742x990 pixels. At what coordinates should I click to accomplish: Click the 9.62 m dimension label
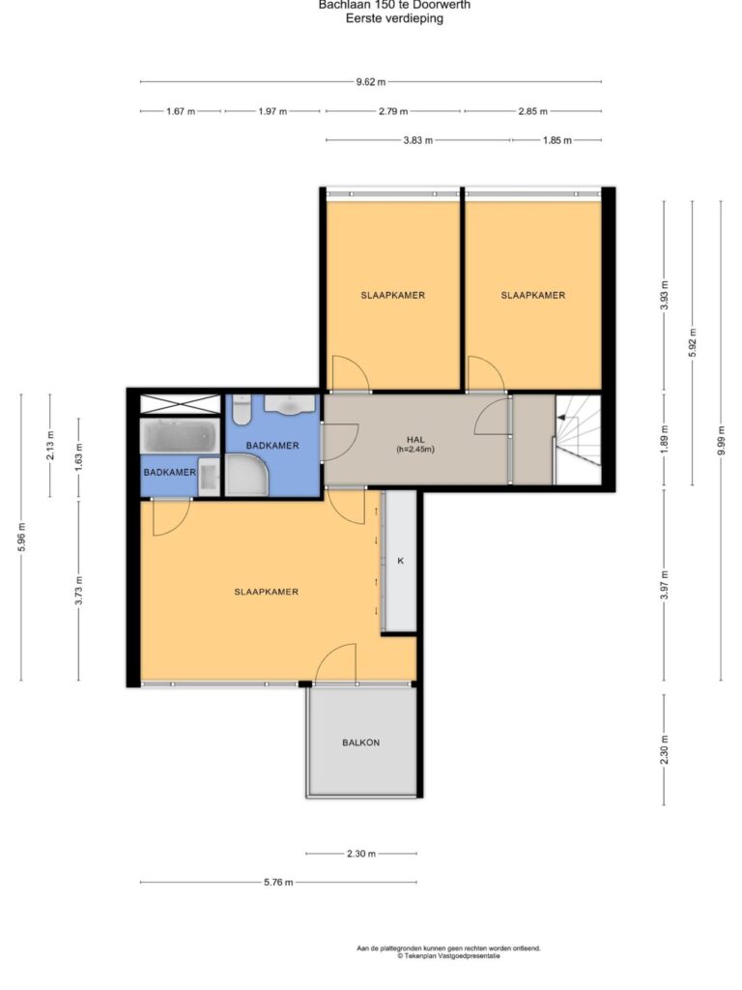[x=370, y=81]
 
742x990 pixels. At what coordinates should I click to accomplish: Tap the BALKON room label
[x=361, y=742]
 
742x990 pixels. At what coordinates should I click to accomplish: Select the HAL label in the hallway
[x=415, y=440]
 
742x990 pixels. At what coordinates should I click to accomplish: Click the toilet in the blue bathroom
[x=241, y=409]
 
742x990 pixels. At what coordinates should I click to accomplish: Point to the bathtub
[x=180, y=436]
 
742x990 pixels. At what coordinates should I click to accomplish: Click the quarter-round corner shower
[x=246, y=476]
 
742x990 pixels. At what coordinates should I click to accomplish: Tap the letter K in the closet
[x=400, y=561]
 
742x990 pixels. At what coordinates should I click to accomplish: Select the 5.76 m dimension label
[x=278, y=882]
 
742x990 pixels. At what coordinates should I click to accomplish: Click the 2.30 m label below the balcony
[x=361, y=854]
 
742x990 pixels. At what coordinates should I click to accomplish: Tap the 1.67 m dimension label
[x=181, y=111]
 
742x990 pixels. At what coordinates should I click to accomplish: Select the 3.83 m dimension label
[x=417, y=140]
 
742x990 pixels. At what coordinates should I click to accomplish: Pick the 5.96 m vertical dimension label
[x=21, y=538]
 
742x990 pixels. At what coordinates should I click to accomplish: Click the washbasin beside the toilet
[x=290, y=405]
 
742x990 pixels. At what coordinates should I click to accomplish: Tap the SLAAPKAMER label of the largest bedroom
[x=267, y=592]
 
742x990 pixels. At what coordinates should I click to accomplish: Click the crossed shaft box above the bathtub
[x=180, y=404]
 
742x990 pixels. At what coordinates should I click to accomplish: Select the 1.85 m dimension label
[x=557, y=140]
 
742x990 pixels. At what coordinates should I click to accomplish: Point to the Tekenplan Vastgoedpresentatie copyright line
[x=448, y=956]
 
